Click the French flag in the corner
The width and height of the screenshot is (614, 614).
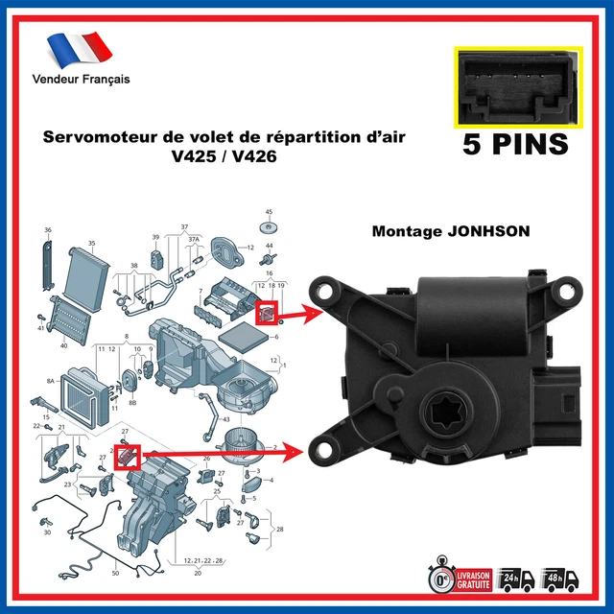[80, 48]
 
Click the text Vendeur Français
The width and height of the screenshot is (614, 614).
[81, 79]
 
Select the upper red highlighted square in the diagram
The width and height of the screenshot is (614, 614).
[267, 312]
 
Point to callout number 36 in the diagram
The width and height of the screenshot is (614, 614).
[47, 229]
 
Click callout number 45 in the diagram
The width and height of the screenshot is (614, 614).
[269, 211]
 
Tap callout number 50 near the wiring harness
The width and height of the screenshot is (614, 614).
[115, 573]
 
